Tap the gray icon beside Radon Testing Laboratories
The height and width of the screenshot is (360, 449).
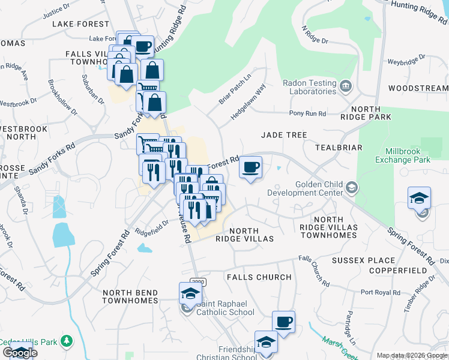(x=345, y=88)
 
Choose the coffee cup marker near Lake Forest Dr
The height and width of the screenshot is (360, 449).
(x=142, y=47)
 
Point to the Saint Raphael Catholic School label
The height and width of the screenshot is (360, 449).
(x=223, y=308)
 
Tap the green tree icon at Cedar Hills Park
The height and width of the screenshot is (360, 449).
(x=68, y=342)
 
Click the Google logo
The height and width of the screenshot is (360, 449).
(x=19, y=353)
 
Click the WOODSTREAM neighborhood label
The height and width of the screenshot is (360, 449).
(x=418, y=88)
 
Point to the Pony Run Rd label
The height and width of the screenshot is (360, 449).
(x=307, y=113)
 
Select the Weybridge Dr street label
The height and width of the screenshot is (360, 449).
(x=406, y=61)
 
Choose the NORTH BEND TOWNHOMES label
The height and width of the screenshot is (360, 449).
(x=130, y=296)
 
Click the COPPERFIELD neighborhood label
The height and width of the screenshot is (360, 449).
(x=403, y=271)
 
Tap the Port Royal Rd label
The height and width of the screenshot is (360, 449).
(x=381, y=293)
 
